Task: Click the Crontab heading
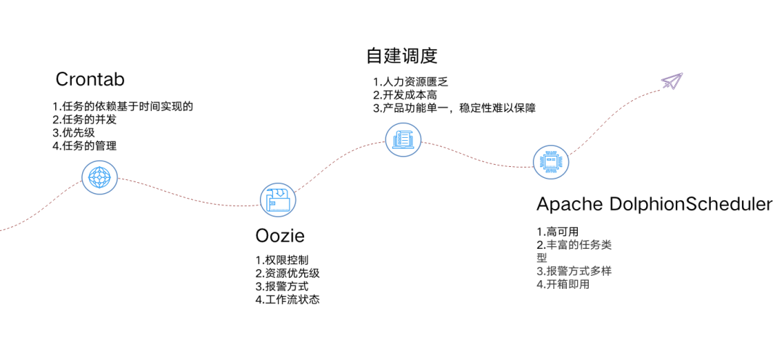(x=90, y=79)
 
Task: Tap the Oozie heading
(x=279, y=236)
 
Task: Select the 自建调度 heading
(x=403, y=55)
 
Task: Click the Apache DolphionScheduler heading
(x=654, y=204)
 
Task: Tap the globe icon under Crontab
(x=99, y=176)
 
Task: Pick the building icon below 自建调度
(x=401, y=138)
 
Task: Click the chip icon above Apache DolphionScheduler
(x=551, y=162)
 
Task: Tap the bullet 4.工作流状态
(x=287, y=299)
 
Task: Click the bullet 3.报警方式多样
(x=573, y=271)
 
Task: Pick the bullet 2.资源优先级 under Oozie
(x=287, y=273)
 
